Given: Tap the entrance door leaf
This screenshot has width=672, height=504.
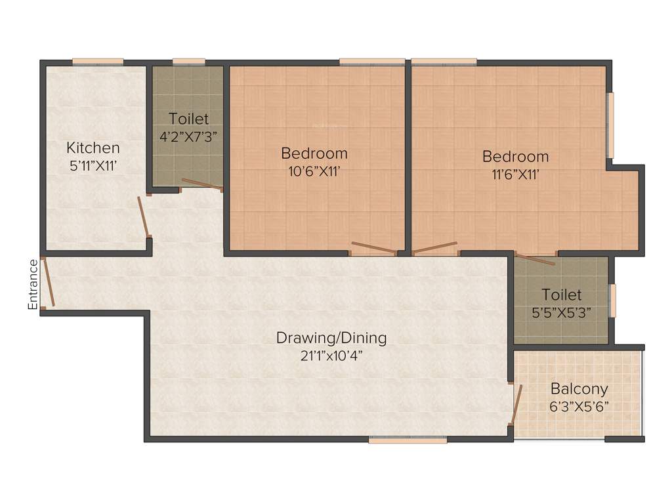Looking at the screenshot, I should (x=47, y=283).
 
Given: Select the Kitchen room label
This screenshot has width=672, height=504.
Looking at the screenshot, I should (x=93, y=148).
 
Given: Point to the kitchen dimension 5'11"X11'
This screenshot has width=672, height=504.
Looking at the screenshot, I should (x=93, y=166).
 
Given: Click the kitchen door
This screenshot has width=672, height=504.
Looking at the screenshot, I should (x=144, y=217).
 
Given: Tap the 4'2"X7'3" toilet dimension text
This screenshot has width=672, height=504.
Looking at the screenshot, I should (x=189, y=136).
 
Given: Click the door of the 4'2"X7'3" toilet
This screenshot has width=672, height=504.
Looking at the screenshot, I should (x=201, y=184).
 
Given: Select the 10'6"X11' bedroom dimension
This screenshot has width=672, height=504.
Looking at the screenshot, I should (x=314, y=172).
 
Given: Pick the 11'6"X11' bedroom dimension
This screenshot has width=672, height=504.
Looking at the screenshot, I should (x=516, y=175).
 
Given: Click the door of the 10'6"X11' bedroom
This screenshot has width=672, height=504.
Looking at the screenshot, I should (x=373, y=247).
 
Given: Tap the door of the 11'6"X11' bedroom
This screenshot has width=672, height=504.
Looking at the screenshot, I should (x=434, y=247).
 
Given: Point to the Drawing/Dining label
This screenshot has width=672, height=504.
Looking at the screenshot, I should (x=331, y=338).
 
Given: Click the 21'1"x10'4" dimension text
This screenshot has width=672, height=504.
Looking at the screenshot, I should (x=331, y=356).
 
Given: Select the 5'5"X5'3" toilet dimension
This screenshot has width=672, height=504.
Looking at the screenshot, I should (x=561, y=312).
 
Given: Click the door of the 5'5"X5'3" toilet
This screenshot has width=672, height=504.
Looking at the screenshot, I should (x=535, y=259).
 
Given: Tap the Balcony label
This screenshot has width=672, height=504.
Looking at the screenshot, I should (x=579, y=388).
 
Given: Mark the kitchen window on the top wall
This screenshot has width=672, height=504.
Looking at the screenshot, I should (x=98, y=62).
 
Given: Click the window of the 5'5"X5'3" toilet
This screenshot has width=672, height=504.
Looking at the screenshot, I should (x=613, y=301).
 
